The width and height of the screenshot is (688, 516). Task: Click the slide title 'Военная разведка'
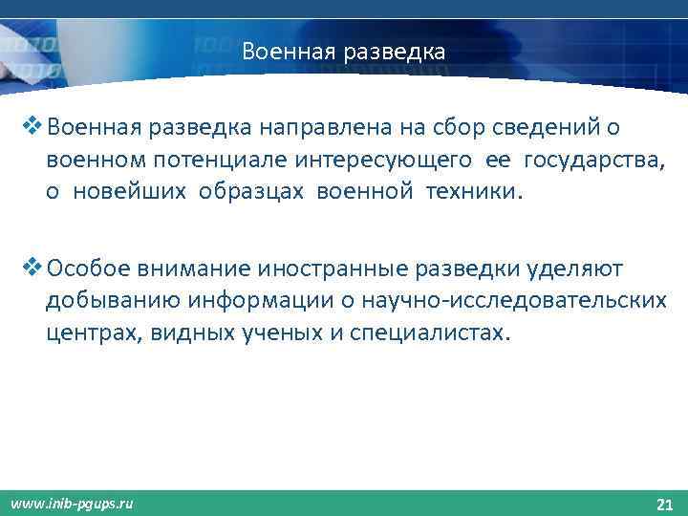click(x=343, y=51)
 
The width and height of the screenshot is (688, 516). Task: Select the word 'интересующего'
click(x=373, y=159)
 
